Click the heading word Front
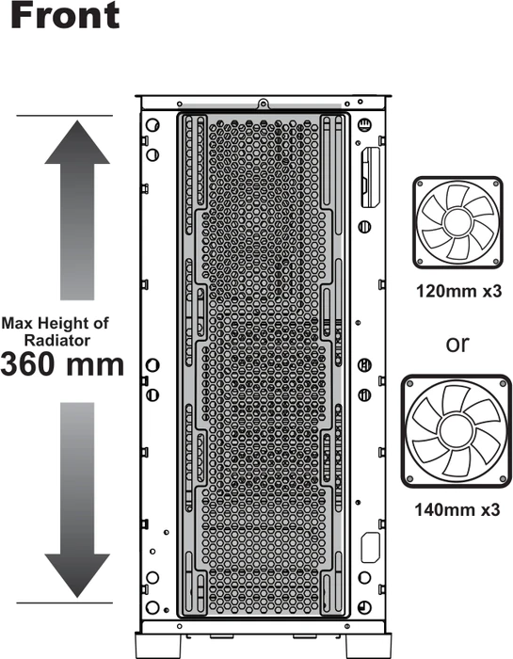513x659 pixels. [x=65, y=15]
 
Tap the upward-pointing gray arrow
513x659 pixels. [x=77, y=210]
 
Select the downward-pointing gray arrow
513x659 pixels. [x=77, y=500]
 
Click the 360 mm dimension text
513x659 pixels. [x=62, y=364]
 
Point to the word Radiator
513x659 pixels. [x=57, y=340]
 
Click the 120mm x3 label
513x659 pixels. [x=458, y=291]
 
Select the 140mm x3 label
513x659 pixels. [x=457, y=510]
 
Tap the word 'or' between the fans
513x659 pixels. [x=457, y=344]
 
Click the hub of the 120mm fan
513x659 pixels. [x=457, y=222]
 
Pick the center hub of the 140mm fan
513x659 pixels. [x=457, y=431]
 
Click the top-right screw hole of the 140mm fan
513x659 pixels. [x=503, y=383]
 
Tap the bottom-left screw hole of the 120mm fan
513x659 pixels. [x=419, y=262]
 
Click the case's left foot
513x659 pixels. [x=157, y=646]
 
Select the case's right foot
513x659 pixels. [x=368, y=646]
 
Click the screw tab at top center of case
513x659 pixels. [x=263, y=103]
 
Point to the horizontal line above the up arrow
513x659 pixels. [x=65, y=115]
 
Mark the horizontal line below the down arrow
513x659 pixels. [x=65, y=603]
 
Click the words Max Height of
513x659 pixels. [x=55, y=323]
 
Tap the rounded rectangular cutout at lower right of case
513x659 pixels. [x=370, y=547]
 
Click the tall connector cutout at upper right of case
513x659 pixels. [x=370, y=177]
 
